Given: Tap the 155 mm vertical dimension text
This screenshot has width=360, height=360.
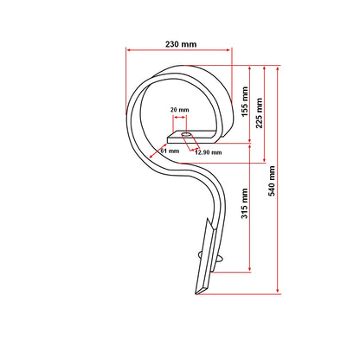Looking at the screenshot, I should [246, 102].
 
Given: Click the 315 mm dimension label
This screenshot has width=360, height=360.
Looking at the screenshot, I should [246, 205].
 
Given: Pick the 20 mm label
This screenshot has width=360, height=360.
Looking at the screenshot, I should [181, 110].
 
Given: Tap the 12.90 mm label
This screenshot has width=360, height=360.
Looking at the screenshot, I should [208, 152].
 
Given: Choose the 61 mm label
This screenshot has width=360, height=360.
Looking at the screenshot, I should [170, 151].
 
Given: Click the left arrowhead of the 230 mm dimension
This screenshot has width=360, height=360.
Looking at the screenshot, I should [130, 50].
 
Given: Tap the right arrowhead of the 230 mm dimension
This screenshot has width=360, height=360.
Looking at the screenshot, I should [231, 50].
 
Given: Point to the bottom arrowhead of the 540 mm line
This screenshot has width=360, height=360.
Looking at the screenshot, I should [277, 293].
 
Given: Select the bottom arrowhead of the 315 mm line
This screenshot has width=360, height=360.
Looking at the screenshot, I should [250, 268].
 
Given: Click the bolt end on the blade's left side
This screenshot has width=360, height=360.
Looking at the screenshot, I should [200, 254].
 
